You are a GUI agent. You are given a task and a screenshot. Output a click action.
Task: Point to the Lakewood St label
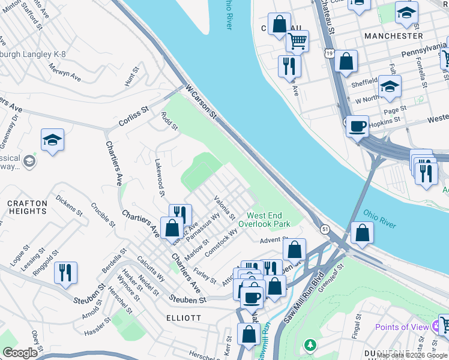[160, 178]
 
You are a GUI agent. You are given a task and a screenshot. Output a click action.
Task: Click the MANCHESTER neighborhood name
[393, 36]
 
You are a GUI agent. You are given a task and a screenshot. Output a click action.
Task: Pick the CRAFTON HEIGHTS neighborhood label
[27, 208]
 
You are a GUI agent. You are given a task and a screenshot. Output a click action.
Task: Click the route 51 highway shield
[325, 229]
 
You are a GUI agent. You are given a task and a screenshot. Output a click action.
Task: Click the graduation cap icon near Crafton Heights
[53, 140]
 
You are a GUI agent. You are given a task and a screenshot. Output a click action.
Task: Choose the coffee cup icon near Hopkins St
[357, 127]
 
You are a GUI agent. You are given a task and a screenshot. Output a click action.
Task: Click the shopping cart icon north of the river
[297, 41]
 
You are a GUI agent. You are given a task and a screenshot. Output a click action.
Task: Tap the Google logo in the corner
[19, 352]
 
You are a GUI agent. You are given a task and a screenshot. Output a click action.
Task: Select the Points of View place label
[402, 327]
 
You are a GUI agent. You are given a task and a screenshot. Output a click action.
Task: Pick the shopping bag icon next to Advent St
[294, 249]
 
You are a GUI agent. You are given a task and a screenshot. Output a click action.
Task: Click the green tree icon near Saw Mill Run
[310, 345]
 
